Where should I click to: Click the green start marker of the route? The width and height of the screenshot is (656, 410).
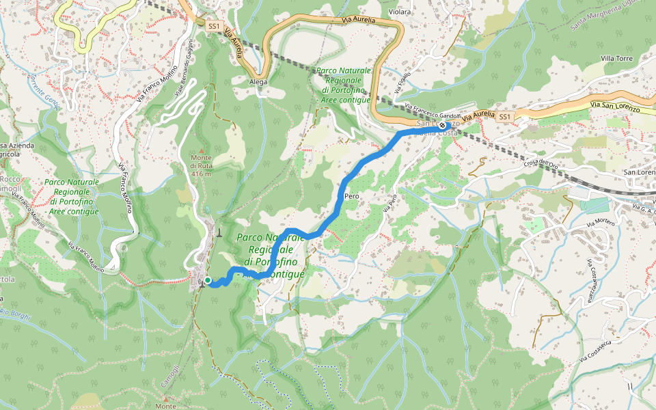click(207, 280)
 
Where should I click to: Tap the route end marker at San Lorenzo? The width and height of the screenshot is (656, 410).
click(443, 126)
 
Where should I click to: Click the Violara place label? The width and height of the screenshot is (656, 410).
click(400, 12)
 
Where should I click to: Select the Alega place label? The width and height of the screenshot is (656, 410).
click(258, 81)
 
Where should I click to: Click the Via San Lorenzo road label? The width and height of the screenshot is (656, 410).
click(615, 107)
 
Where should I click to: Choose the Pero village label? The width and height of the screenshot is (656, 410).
click(353, 196)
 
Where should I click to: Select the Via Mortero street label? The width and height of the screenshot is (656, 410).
click(601, 224)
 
